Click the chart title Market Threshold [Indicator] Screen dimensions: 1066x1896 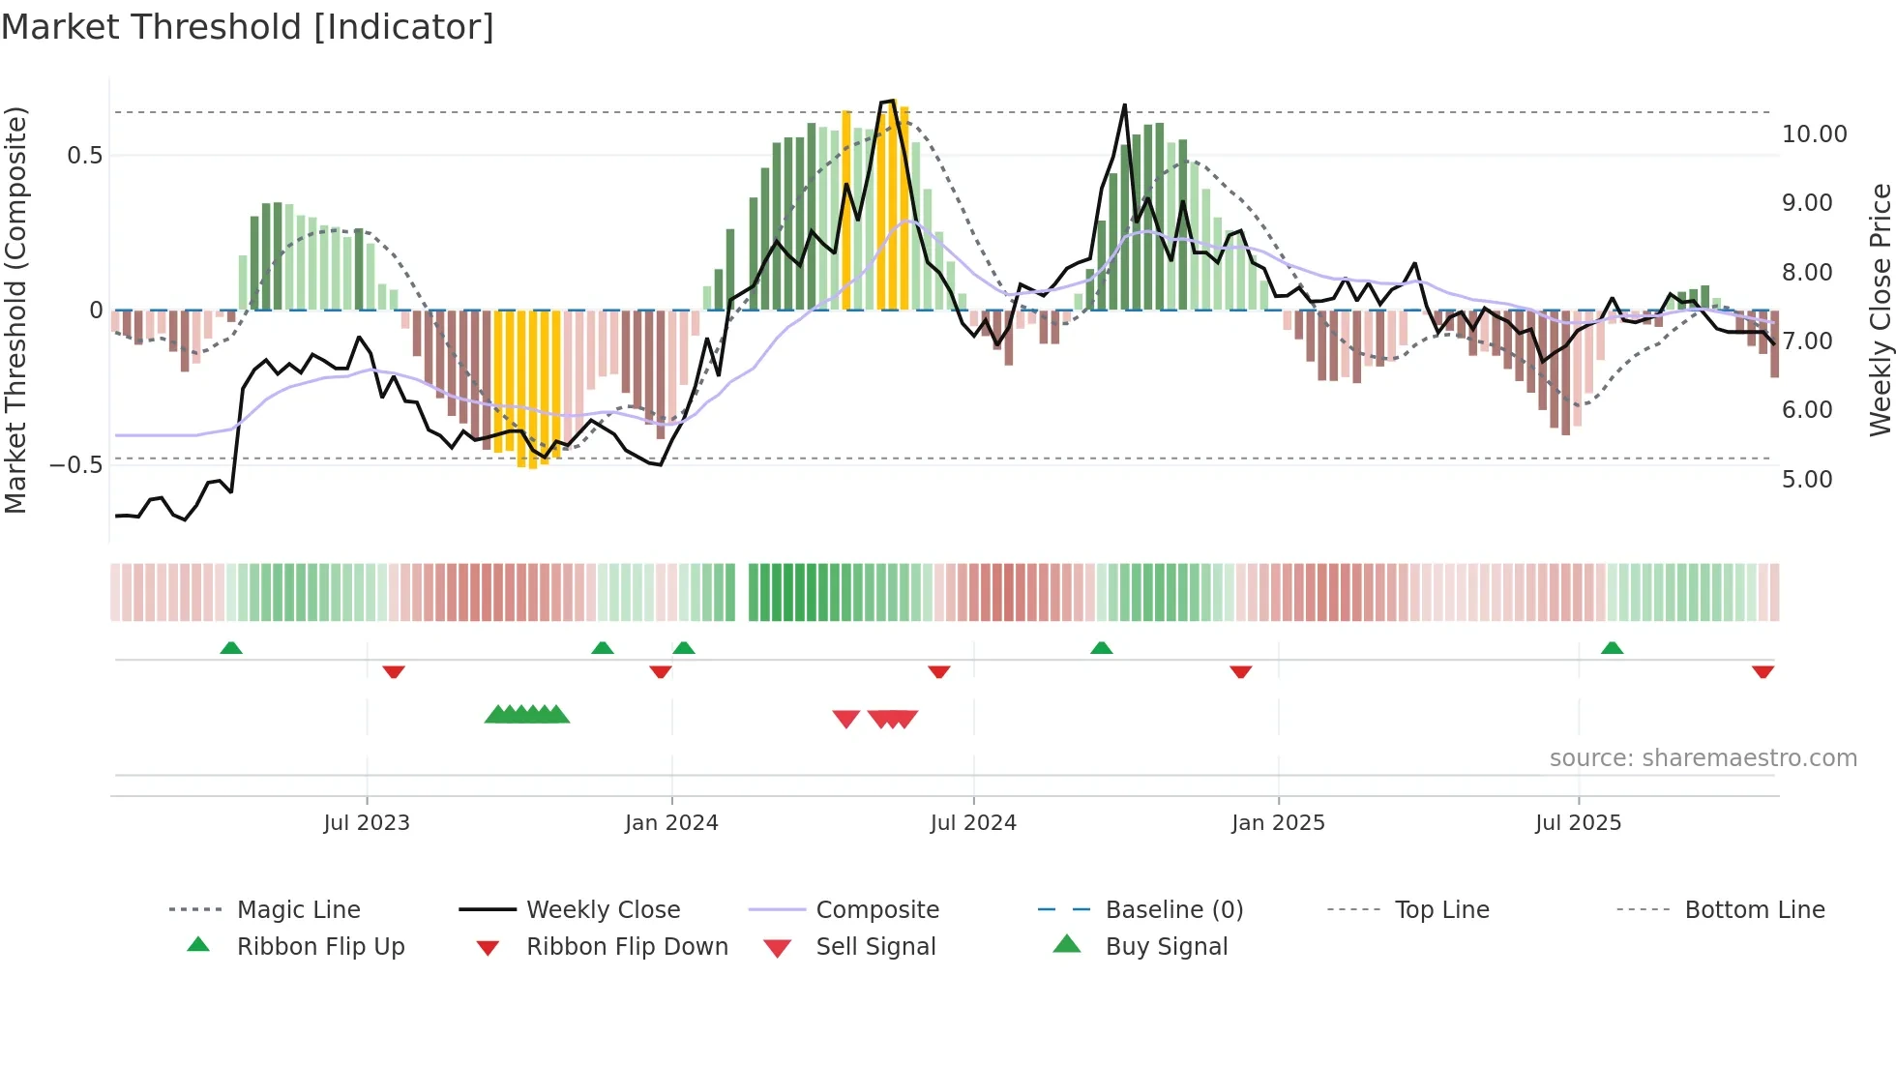click(x=248, y=27)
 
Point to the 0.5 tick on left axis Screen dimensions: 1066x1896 click(x=84, y=156)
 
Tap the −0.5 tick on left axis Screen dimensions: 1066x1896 click(x=75, y=465)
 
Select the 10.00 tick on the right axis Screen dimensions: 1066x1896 click(x=1814, y=134)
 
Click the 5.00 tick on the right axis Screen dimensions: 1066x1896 click(x=1807, y=480)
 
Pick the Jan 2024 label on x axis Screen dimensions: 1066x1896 click(x=671, y=823)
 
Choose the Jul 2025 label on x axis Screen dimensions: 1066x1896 click(x=1578, y=823)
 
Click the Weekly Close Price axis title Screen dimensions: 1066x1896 click(x=1880, y=310)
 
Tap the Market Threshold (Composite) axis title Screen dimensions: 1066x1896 click(x=15, y=310)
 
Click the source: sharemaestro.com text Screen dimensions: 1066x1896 click(x=1703, y=758)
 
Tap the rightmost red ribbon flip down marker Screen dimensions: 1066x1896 click(x=1763, y=671)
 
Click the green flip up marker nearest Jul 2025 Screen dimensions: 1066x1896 click(x=1612, y=648)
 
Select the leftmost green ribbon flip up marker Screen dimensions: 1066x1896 click(x=231, y=648)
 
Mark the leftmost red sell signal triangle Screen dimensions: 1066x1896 click(x=846, y=719)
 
